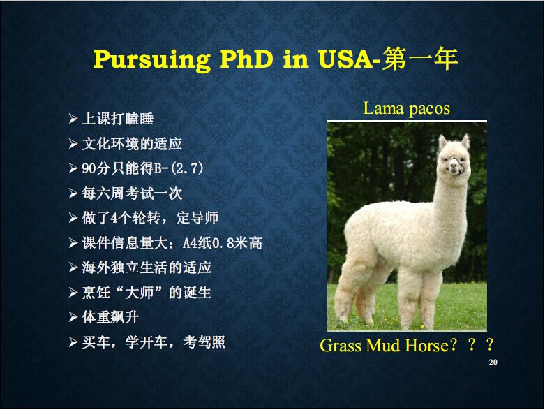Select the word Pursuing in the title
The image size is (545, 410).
point(152,60)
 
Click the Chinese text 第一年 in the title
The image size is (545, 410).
point(419,59)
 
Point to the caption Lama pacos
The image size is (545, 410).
point(406,108)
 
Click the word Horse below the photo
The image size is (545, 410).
point(428,345)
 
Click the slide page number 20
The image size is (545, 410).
point(493,362)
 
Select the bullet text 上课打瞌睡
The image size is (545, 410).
point(117,119)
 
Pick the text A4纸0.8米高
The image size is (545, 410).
point(222,243)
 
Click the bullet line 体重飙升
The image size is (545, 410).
point(110,317)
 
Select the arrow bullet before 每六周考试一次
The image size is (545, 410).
point(73,193)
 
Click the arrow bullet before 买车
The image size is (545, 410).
point(73,342)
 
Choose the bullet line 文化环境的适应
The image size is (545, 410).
point(132,144)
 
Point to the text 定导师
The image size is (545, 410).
point(197,218)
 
